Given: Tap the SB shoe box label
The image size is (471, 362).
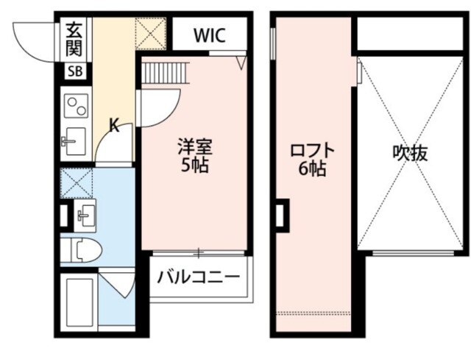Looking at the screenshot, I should point(75,71).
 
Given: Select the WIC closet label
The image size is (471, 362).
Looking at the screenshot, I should point(209,35).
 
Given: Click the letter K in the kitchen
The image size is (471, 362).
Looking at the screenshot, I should point(115,125).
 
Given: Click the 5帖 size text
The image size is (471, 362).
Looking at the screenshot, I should point(196,165).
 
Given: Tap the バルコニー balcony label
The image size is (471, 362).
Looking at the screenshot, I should point(199,277).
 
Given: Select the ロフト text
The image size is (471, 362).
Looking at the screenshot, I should point(313,150).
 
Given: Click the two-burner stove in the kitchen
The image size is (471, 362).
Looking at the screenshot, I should point(75,107).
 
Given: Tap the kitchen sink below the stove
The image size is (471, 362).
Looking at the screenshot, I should point(74,140).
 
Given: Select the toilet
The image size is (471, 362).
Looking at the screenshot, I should point(81,251).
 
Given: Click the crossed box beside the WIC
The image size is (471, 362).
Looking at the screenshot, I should point(153,33).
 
